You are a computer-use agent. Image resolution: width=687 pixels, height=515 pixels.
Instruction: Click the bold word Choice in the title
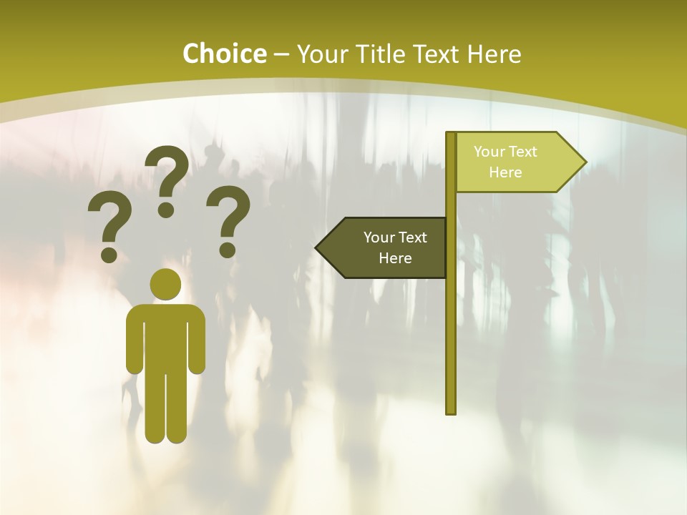click(224, 54)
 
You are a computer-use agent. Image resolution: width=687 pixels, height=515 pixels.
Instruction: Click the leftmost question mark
click(109, 227)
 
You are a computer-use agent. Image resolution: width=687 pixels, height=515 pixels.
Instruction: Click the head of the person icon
click(166, 284)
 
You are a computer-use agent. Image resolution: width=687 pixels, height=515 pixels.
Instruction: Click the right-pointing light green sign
click(515, 162)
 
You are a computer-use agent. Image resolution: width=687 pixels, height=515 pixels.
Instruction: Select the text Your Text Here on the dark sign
click(395, 247)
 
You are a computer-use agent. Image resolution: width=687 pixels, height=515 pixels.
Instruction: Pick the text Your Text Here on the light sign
click(505, 162)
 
